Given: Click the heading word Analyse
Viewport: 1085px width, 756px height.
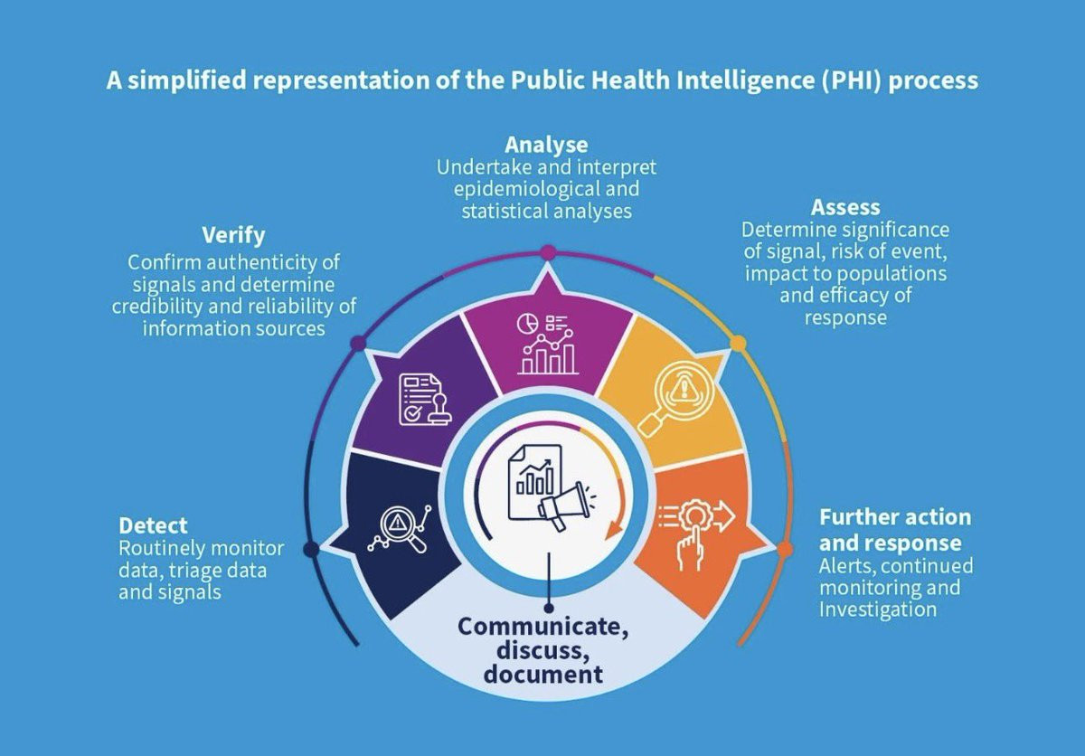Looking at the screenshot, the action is [x=546, y=145].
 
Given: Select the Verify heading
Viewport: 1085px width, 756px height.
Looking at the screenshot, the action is [x=233, y=236].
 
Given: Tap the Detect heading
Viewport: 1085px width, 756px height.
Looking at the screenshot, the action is [x=153, y=525].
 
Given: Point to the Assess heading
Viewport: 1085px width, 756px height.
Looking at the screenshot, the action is [x=844, y=207].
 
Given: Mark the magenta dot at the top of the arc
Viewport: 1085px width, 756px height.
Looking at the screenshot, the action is [x=547, y=252].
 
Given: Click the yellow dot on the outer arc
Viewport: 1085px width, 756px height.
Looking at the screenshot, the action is [x=738, y=344].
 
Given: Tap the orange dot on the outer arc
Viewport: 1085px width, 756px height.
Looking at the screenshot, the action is [x=784, y=549].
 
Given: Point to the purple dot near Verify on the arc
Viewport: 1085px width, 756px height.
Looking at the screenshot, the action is [x=358, y=344].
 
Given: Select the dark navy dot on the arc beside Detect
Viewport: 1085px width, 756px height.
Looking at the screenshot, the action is [x=311, y=549].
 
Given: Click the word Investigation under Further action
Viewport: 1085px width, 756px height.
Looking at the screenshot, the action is [x=877, y=609].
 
